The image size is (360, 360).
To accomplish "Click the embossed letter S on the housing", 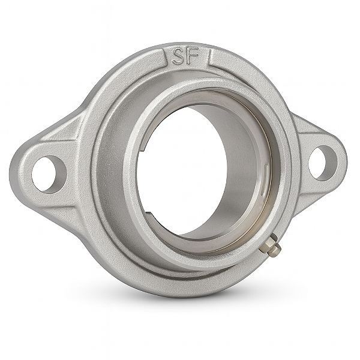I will [x=178, y=56].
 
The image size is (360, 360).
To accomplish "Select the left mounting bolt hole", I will [x=47, y=173].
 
